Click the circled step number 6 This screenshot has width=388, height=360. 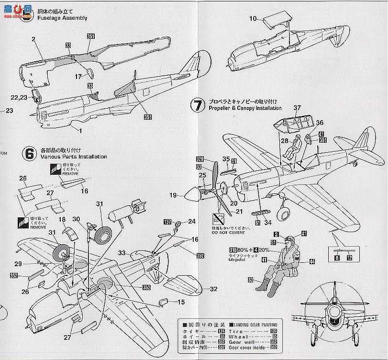29,153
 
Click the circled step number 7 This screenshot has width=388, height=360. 198,105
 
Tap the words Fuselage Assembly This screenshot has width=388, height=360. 64,18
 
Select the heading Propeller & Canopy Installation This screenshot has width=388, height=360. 243,109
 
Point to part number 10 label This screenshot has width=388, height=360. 253,19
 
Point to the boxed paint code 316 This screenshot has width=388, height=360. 233,250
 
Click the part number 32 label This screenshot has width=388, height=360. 213,289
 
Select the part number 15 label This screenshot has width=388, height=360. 181,302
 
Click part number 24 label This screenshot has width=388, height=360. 192,221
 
